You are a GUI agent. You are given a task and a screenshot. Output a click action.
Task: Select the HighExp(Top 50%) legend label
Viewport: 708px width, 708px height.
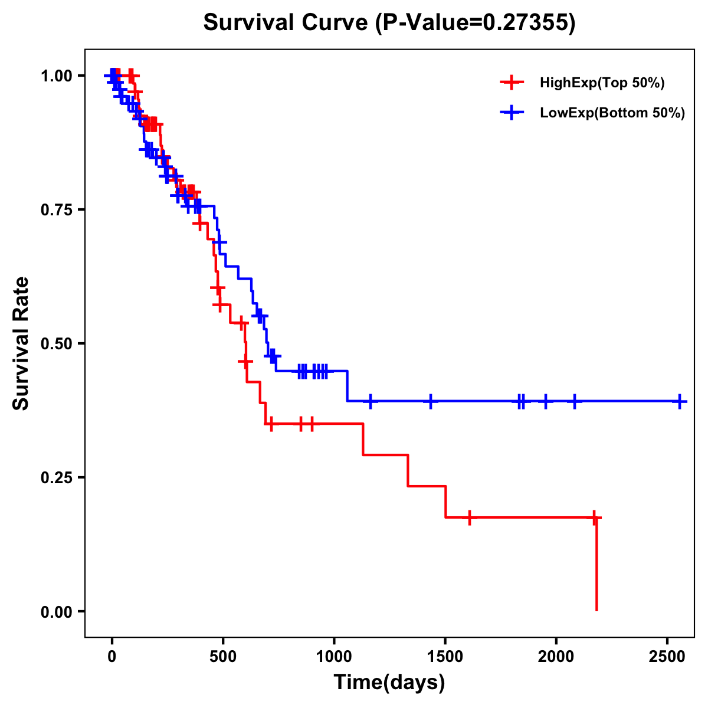(x=602, y=83)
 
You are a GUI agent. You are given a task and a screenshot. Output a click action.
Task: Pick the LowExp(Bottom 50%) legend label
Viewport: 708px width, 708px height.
(x=612, y=113)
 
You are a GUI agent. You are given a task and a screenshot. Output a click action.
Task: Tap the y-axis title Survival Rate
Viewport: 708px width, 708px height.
(x=21, y=343)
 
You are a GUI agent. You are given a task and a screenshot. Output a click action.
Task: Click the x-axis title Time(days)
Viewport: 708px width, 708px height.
(x=389, y=683)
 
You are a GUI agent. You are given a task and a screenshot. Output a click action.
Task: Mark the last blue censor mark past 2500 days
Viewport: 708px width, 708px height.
(x=680, y=401)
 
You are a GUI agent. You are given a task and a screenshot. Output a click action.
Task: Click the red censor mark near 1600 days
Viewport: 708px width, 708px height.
(x=469, y=517)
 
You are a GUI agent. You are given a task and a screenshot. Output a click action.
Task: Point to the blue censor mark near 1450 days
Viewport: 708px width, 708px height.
(x=431, y=401)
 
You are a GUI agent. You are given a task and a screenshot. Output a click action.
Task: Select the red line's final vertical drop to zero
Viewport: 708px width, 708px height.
(x=596, y=566)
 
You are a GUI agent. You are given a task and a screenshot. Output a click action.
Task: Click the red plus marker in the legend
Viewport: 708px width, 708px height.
(x=512, y=83)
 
